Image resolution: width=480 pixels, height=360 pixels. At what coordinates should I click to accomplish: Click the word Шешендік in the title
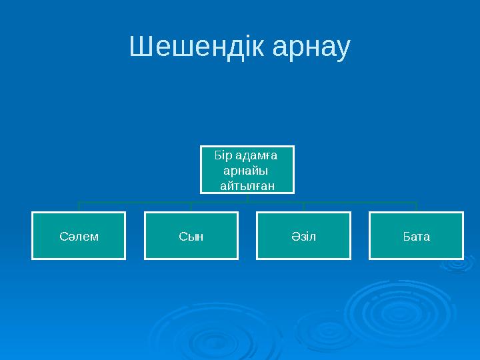click(189, 47)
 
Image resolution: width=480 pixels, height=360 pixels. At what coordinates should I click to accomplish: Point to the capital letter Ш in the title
click(140, 47)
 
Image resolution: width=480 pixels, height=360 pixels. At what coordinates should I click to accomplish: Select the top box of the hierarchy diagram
click(247, 170)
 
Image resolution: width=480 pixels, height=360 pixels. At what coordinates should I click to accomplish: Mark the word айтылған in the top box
click(247, 185)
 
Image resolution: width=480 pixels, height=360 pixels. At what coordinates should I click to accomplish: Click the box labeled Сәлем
click(79, 235)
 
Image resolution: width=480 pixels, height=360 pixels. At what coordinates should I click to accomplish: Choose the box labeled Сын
click(191, 235)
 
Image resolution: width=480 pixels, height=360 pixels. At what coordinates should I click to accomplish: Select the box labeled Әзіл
click(303, 235)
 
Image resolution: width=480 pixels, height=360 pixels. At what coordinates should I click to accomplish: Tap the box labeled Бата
click(416, 235)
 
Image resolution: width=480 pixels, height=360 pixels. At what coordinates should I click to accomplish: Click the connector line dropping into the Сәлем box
click(79, 207)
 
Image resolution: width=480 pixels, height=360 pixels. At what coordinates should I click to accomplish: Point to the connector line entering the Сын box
click(191, 207)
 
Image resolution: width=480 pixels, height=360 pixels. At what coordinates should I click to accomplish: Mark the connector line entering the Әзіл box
click(303, 207)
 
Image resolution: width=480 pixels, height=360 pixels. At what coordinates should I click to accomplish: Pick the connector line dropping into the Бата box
click(416, 207)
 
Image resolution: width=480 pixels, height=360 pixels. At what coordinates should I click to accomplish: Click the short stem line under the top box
click(247, 197)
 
